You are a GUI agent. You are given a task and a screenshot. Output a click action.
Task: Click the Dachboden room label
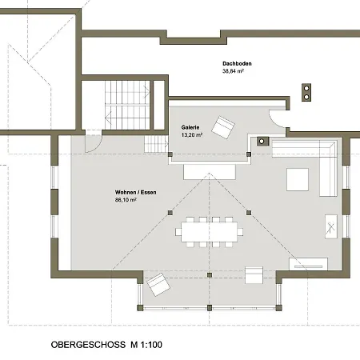[237, 64]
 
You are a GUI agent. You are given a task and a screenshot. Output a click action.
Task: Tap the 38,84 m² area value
[233, 71]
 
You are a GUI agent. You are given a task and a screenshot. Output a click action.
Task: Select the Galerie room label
[190, 127]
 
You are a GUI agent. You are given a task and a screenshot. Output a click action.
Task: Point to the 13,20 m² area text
[192, 135]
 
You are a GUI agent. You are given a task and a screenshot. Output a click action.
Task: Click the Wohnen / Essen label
[136, 192]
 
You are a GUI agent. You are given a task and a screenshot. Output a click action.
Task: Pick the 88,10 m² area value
[126, 200]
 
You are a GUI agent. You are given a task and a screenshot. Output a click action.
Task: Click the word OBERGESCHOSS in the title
[88, 345]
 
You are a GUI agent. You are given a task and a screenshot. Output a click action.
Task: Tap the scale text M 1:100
[146, 345]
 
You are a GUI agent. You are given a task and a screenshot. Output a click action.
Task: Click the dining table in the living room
[210, 232]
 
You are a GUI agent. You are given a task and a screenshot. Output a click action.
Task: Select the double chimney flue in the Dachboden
[306, 92]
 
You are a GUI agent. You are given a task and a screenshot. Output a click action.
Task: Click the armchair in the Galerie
[223, 127]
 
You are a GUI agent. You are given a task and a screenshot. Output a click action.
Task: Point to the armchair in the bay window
[158, 285]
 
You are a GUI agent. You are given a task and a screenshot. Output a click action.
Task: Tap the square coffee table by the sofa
[298, 179]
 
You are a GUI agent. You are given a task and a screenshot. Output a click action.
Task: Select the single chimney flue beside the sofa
[262, 141]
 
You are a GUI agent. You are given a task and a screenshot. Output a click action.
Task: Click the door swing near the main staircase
[93, 142]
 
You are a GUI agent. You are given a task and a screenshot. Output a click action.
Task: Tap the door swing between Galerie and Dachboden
[278, 118]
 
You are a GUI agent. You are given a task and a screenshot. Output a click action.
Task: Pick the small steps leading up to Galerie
[156, 144]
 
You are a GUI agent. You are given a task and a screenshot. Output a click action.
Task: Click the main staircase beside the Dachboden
[127, 105]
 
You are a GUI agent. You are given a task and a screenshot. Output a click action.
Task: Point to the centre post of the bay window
[210, 308]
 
